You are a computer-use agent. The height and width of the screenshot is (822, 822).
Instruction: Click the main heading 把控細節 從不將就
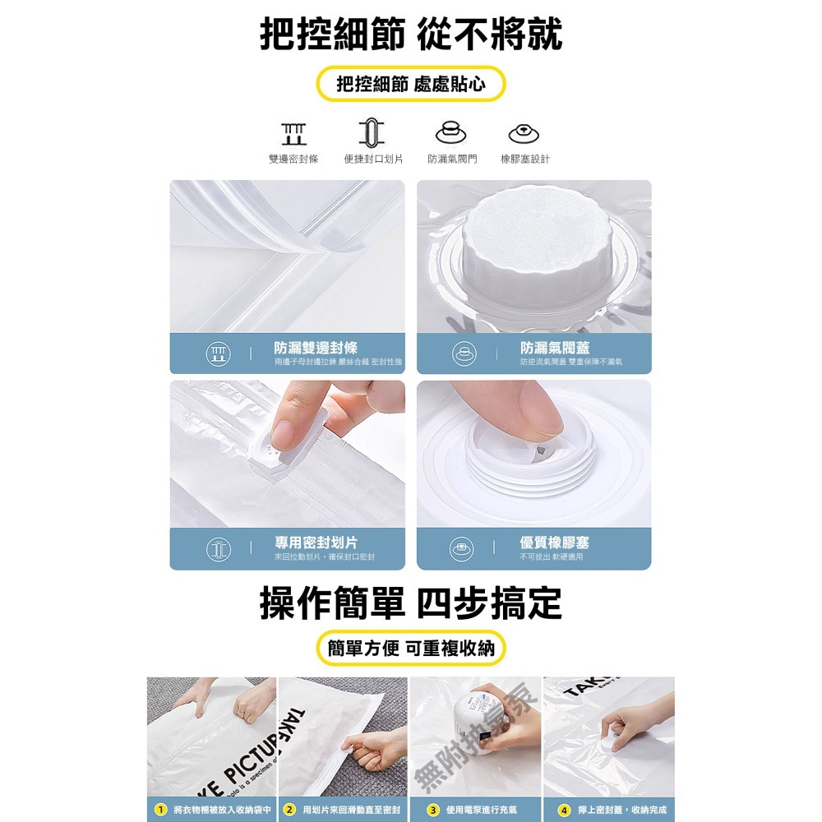pos(411,35)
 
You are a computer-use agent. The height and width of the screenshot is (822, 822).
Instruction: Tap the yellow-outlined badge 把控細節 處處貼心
pos(411,84)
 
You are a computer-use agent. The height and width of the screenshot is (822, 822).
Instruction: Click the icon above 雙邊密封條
pos(293,132)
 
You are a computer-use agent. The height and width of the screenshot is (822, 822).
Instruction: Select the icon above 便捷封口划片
pos(372,132)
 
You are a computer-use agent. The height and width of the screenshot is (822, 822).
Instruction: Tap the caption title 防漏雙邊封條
pos(316,349)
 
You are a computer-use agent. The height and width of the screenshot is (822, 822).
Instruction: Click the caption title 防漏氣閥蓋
pos(555,349)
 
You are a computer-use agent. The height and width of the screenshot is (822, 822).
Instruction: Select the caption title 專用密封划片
pos(316,543)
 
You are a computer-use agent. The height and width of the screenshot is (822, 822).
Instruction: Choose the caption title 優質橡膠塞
pos(555,543)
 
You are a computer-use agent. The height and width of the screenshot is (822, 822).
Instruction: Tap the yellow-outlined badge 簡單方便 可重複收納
pos(411,649)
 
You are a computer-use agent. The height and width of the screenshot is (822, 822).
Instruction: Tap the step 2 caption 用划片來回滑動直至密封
pos(351,810)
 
